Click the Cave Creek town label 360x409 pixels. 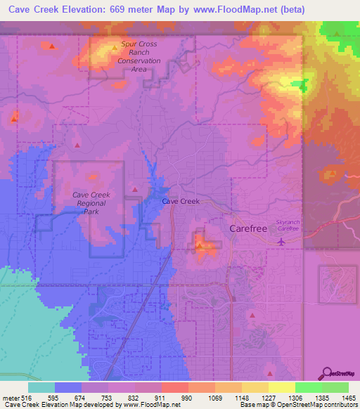coord(181,201)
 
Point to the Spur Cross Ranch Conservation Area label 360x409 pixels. coord(141,56)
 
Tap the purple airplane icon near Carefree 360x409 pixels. coord(282,241)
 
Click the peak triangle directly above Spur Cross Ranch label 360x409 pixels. coord(115,48)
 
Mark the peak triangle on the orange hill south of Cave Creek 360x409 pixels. coord(200,245)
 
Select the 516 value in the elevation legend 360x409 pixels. coord(27,397)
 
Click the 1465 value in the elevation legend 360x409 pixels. coord(340,397)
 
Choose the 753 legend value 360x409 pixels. coord(108,397)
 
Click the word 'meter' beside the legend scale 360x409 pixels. coord(10,397)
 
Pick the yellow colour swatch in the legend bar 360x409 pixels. coord(281,387)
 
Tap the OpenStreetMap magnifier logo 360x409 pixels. coord(328,372)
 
